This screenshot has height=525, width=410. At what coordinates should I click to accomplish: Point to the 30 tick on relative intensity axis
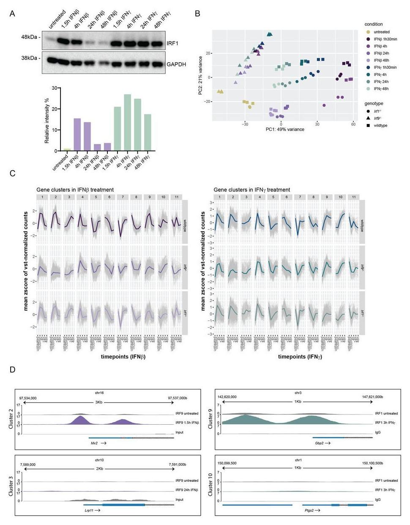click(x=55, y=88)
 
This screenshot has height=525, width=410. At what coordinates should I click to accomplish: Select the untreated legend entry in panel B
click(x=381, y=32)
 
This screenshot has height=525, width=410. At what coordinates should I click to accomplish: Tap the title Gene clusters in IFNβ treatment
click(x=75, y=190)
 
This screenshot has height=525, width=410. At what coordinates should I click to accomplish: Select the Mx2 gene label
click(x=94, y=443)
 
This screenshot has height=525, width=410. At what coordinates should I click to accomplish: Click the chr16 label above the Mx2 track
click(x=99, y=393)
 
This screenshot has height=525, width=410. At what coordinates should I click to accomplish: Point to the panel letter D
click(x=13, y=370)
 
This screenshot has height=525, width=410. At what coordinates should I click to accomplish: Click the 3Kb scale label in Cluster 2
click(x=99, y=402)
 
